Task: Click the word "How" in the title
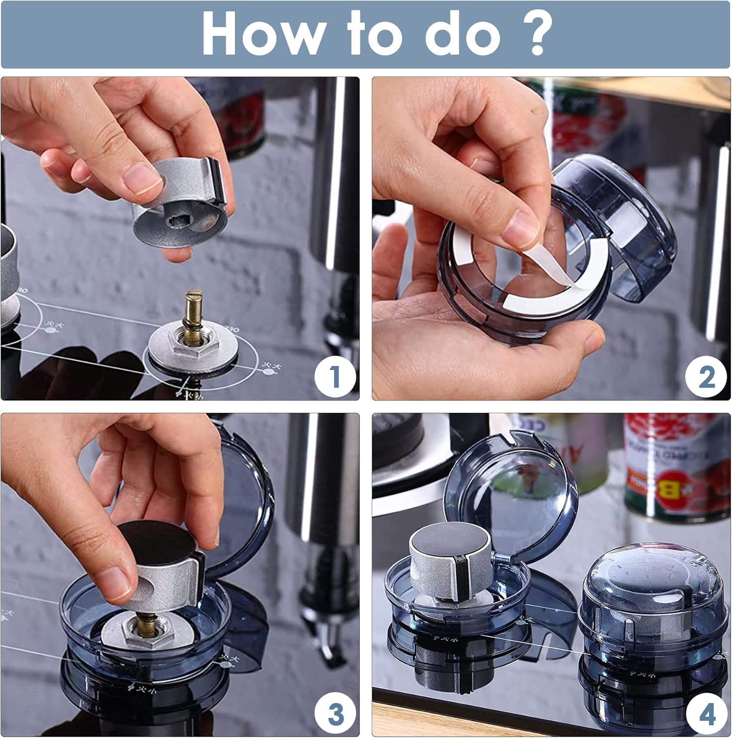click(261, 34)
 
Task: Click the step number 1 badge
click(335, 376)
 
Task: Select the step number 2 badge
click(706, 377)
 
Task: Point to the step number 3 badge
click(335, 713)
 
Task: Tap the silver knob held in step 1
click(180, 207)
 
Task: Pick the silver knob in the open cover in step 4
click(450, 556)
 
